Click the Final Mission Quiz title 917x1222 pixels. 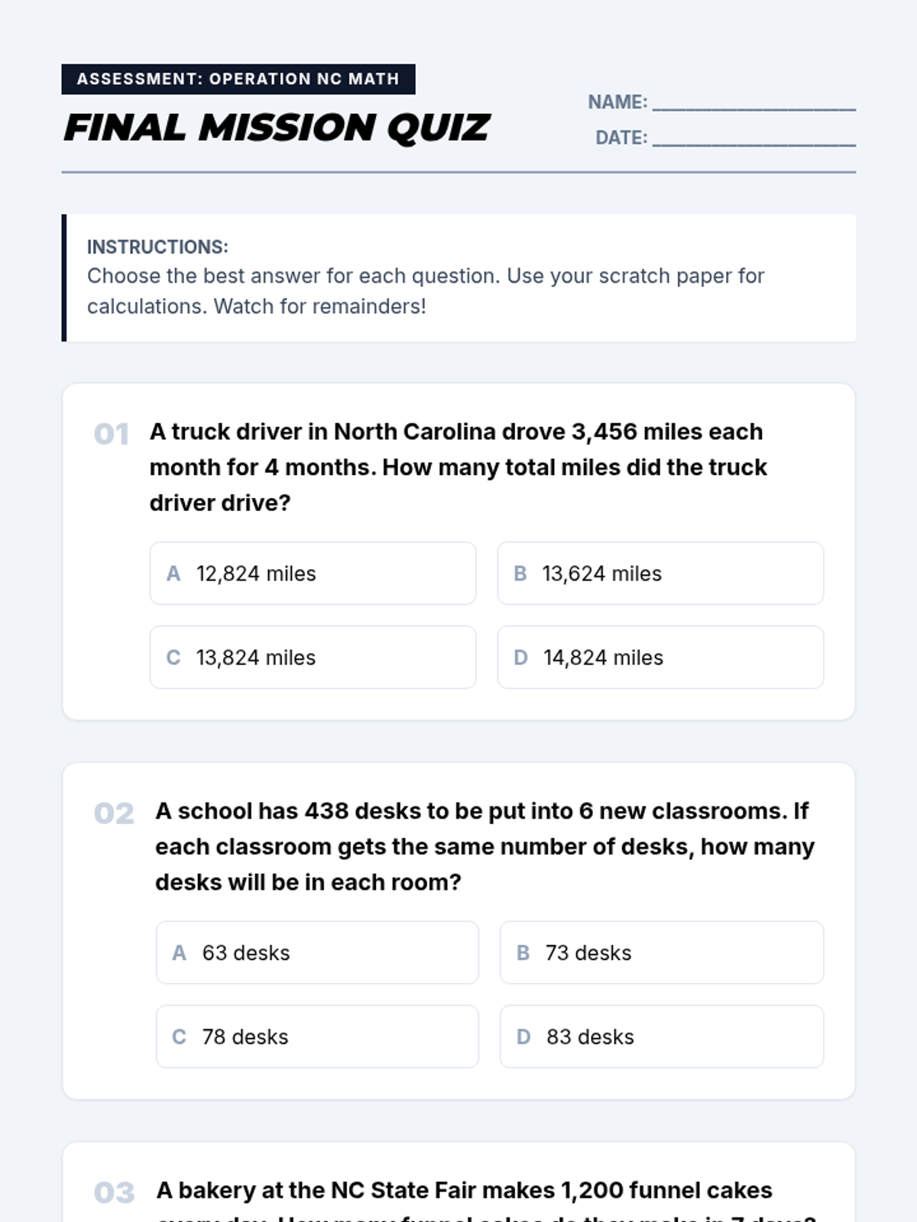[x=277, y=128]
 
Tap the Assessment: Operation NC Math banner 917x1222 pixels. [x=238, y=79]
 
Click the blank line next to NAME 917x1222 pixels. [x=753, y=104]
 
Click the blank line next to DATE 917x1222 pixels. [x=753, y=139]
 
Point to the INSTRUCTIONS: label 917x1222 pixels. [x=157, y=247]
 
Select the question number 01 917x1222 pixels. [x=112, y=435]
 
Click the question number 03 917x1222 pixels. [x=114, y=1193]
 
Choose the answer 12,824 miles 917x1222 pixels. [x=313, y=574]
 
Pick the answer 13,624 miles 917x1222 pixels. [x=660, y=574]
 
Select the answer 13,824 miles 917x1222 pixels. [x=313, y=658]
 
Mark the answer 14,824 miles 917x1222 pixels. [x=660, y=658]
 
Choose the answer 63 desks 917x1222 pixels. [x=317, y=953]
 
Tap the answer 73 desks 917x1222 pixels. [x=662, y=953]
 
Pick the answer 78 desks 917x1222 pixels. [x=317, y=1037]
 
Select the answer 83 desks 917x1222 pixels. [x=662, y=1037]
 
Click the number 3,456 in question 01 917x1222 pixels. [x=604, y=432]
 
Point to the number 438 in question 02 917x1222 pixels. [x=326, y=811]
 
